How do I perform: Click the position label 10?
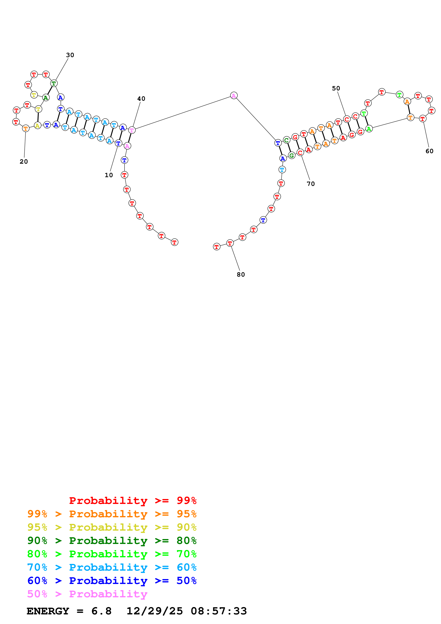click(x=109, y=175)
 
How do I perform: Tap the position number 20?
click(x=24, y=162)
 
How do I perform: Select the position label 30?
click(x=70, y=55)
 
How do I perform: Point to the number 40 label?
click(x=141, y=99)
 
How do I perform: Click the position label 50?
click(x=336, y=88)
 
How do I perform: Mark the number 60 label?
click(x=429, y=151)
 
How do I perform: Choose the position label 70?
click(x=311, y=184)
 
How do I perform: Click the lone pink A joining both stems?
click(x=234, y=95)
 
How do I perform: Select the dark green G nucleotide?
click(x=292, y=156)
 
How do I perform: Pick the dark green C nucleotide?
click(x=286, y=140)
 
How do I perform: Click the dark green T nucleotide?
click(x=54, y=83)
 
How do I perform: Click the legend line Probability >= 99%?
click(x=133, y=501)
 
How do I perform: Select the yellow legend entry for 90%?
click(x=112, y=527)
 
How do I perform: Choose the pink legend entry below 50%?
click(x=87, y=594)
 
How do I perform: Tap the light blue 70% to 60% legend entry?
click(x=112, y=567)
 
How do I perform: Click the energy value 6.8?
click(x=101, y=611)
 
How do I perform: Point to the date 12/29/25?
click(x=155, y=611)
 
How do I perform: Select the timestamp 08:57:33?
click(x=219, y=611)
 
